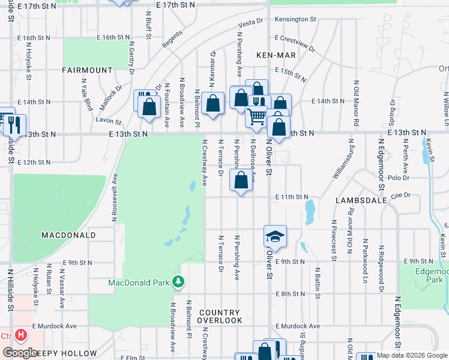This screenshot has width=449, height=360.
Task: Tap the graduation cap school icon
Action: [x=274, y=236]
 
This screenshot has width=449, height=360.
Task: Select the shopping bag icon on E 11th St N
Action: [x=241, y=181]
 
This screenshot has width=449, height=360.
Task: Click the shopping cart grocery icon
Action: [x=256, y=116]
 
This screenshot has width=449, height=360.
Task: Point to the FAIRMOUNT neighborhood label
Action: [x=87, y=70]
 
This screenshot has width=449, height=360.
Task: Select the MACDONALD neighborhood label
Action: [x=68, y=235]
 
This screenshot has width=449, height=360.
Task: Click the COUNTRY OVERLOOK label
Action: [x=220, y=317]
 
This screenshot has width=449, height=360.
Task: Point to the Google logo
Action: [x=20, y=353]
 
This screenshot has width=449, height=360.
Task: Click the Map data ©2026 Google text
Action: [x=411, y=356]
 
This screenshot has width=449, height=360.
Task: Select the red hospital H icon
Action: [x=22, y=335]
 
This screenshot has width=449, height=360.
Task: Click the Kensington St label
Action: [x=295, y=19]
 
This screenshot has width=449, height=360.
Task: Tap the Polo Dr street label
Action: [x=398, y=178]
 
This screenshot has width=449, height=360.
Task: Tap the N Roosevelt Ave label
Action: [x=114, y=197]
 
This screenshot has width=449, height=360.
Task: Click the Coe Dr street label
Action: [x=400, y=195]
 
